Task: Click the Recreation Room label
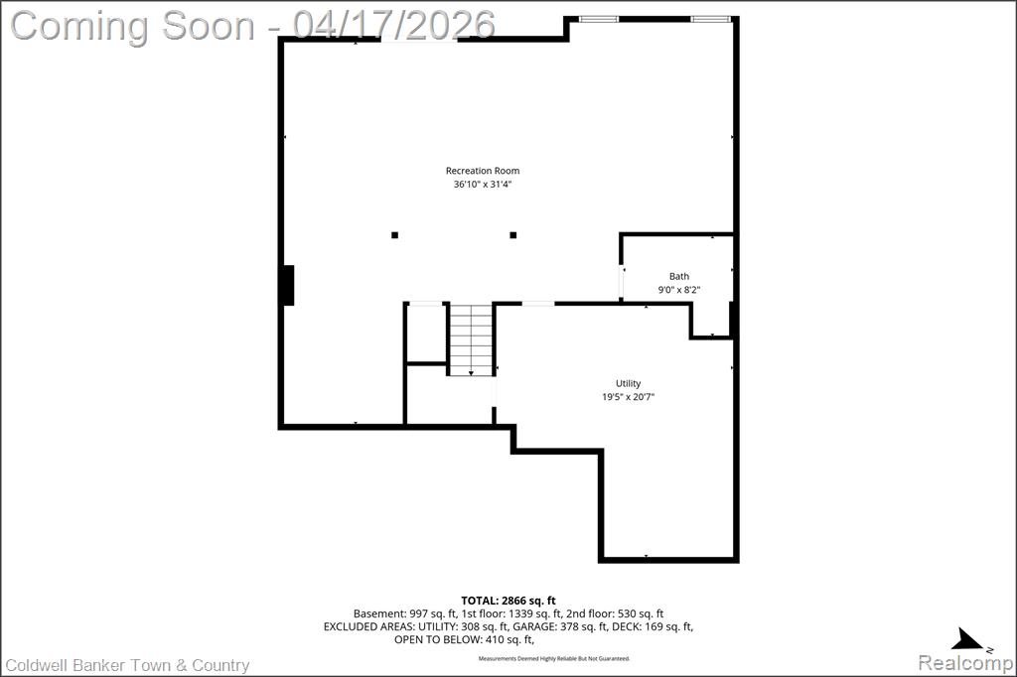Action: (x=483, y=171)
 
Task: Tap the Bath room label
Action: (x=679, y=276)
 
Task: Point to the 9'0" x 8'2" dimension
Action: (x=679, y=290)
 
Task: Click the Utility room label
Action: (x=628, y=383)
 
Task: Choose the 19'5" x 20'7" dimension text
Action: (x=628, y=397)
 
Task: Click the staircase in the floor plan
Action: (x=471, y=339)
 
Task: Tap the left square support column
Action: (x=394, y=234)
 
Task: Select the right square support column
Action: (x=513, y=234)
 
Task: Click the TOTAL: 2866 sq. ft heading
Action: (x=508, y=601)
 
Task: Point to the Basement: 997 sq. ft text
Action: (x=405, y=613)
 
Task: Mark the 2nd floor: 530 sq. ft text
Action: (x=614, y=613)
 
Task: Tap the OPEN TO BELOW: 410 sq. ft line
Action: (x=464, y=639)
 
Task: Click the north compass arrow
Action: (x=967, y=640)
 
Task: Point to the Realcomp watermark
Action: (x=965, y=663)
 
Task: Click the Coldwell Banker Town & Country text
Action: (x=127, y=665)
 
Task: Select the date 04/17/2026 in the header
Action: (x=393, y=25)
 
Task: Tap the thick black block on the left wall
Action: (x=287, y=285)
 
